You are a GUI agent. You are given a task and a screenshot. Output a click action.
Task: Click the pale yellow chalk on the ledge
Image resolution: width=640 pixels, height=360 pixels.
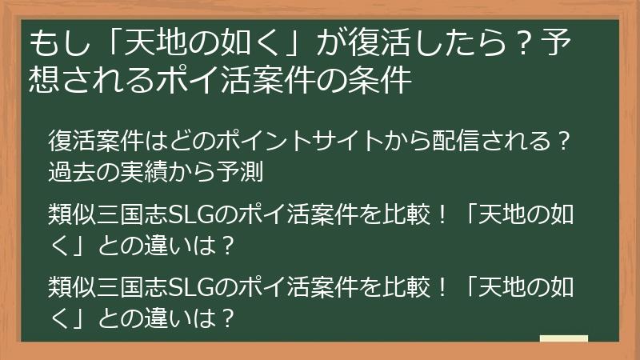click(564, 339)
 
